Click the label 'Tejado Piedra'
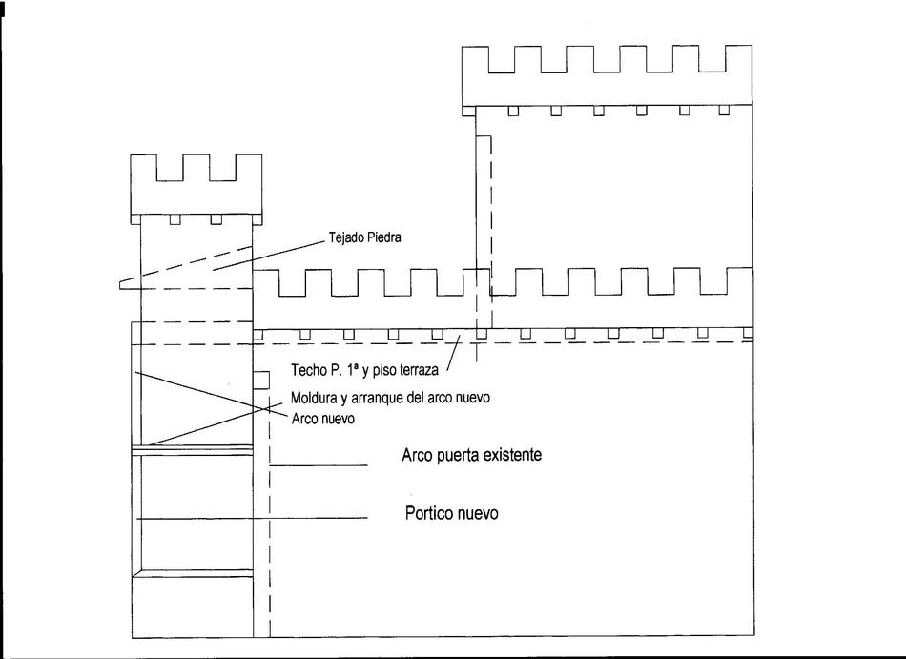tap(364, 237)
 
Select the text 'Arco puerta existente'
tap(471, 455)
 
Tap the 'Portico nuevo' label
tap(451, 513)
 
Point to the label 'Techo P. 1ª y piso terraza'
tap(364, 370)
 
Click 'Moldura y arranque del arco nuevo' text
tap(390, 398)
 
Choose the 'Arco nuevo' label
tap(322, 418)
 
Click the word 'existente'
tap(512, 455)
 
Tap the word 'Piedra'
tap(383, 237)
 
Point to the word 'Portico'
tap(429, 513)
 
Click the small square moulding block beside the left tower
tap(261, 380)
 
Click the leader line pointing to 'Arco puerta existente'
tap(319, 465)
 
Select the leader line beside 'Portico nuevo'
tap(252, 518)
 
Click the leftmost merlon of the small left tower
tap(143, 168)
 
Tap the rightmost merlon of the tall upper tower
tap(739, 59)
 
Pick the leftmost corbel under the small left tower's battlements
tap(175, 219)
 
